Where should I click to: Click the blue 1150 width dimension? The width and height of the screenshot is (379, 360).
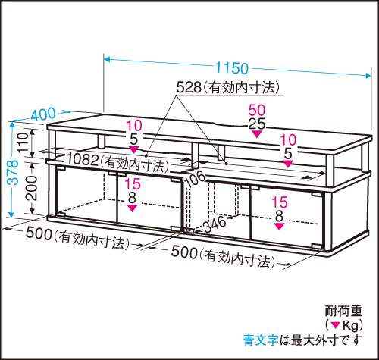232,68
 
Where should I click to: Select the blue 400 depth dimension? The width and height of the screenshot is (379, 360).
43,114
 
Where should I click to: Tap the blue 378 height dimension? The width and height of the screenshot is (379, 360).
13,172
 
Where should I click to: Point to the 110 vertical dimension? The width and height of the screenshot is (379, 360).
23,142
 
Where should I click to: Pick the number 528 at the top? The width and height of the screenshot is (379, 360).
189,88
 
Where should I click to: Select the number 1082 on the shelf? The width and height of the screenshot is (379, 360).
83,159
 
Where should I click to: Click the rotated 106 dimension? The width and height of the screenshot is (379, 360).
195,179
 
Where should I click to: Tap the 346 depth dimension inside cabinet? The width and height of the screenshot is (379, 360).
215,224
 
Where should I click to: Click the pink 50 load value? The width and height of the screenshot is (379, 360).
257,110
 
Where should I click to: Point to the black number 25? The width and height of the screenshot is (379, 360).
257,124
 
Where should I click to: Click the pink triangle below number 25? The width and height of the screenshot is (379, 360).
257,134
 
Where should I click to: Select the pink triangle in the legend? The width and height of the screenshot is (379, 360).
336,325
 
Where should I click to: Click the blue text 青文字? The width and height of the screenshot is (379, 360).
261,340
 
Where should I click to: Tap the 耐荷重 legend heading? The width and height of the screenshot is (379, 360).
343,311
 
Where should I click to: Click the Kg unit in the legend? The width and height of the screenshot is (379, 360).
350,326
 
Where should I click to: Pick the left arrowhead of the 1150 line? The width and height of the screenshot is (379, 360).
107,60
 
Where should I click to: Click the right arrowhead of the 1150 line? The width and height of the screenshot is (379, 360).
368,76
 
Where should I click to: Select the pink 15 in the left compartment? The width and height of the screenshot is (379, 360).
133,183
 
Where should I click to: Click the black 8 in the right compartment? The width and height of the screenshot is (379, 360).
279,216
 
